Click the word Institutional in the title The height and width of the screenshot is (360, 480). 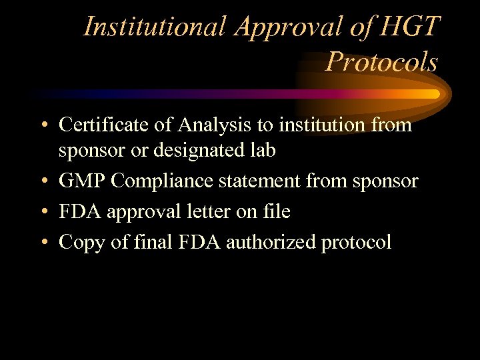(x=154, y=27)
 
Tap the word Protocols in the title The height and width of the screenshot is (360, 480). (x=382, y=62)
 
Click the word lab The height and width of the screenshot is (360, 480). (x=263, y=151)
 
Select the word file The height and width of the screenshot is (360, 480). (x=275, y=212)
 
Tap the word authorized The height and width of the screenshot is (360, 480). (x=271, y=243)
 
